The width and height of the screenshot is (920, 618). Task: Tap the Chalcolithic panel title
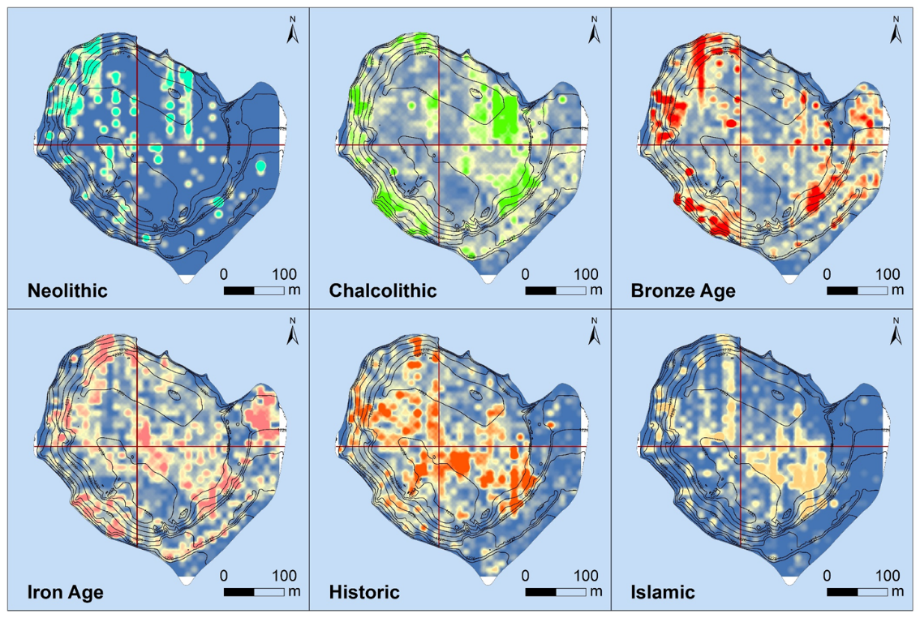click(x=383, y=290)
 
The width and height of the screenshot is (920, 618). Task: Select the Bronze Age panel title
click(x=683, y=290)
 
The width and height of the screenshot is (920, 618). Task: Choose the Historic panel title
click(x=364, y=592)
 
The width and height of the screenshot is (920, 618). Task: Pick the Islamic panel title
click(x=662, y=592)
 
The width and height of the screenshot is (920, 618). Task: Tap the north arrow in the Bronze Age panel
click(x=896, y=31)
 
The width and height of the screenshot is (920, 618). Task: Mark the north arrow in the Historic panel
click(x=594, y=333)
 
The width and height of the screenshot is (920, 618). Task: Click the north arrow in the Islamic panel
click(x=896, y=333)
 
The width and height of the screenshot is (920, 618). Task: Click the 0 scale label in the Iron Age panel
click(x=225, y=575)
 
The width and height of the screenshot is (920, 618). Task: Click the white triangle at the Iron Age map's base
click(x=185, y=580)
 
